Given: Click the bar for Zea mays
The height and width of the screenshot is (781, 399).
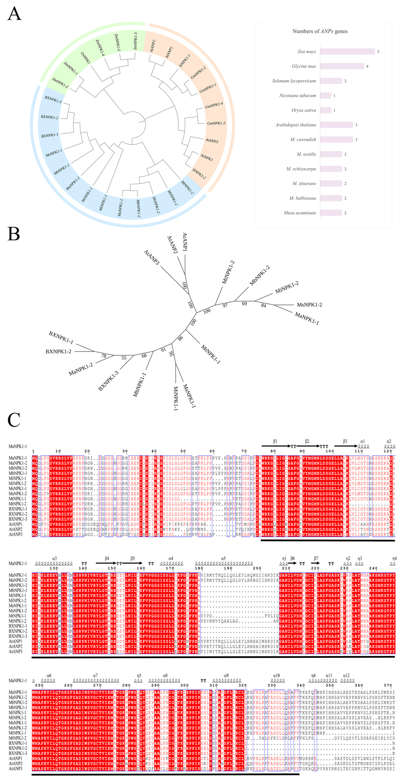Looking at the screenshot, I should tap(347, 52).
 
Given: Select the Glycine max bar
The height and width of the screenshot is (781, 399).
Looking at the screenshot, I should tap(342, 66).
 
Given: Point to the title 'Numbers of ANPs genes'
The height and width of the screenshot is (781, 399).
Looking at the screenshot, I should tap(320, 31).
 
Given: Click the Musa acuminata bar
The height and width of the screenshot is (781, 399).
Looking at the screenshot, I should tap(331, 213).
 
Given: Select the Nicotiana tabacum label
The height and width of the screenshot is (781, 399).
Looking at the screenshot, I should tap(297, 96).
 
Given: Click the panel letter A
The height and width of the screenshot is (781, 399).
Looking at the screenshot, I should tap(14, 14).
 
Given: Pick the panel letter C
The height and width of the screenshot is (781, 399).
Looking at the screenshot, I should tap(14, 420).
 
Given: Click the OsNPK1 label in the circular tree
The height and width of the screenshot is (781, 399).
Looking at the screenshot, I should tap(86, 58).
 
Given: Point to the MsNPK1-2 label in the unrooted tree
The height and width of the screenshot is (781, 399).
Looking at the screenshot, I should tap(309, 305).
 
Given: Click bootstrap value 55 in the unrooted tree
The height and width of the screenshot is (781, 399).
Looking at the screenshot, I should tap(124, 358).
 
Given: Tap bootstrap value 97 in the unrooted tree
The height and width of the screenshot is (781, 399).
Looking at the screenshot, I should tap(225, 306).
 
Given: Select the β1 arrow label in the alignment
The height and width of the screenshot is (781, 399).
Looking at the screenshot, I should tap(275, 441).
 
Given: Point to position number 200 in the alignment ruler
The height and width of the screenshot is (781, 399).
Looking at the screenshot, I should tap(257, 568).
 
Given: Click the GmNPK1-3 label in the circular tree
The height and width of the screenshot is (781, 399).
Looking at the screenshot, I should tap(216, 123).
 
